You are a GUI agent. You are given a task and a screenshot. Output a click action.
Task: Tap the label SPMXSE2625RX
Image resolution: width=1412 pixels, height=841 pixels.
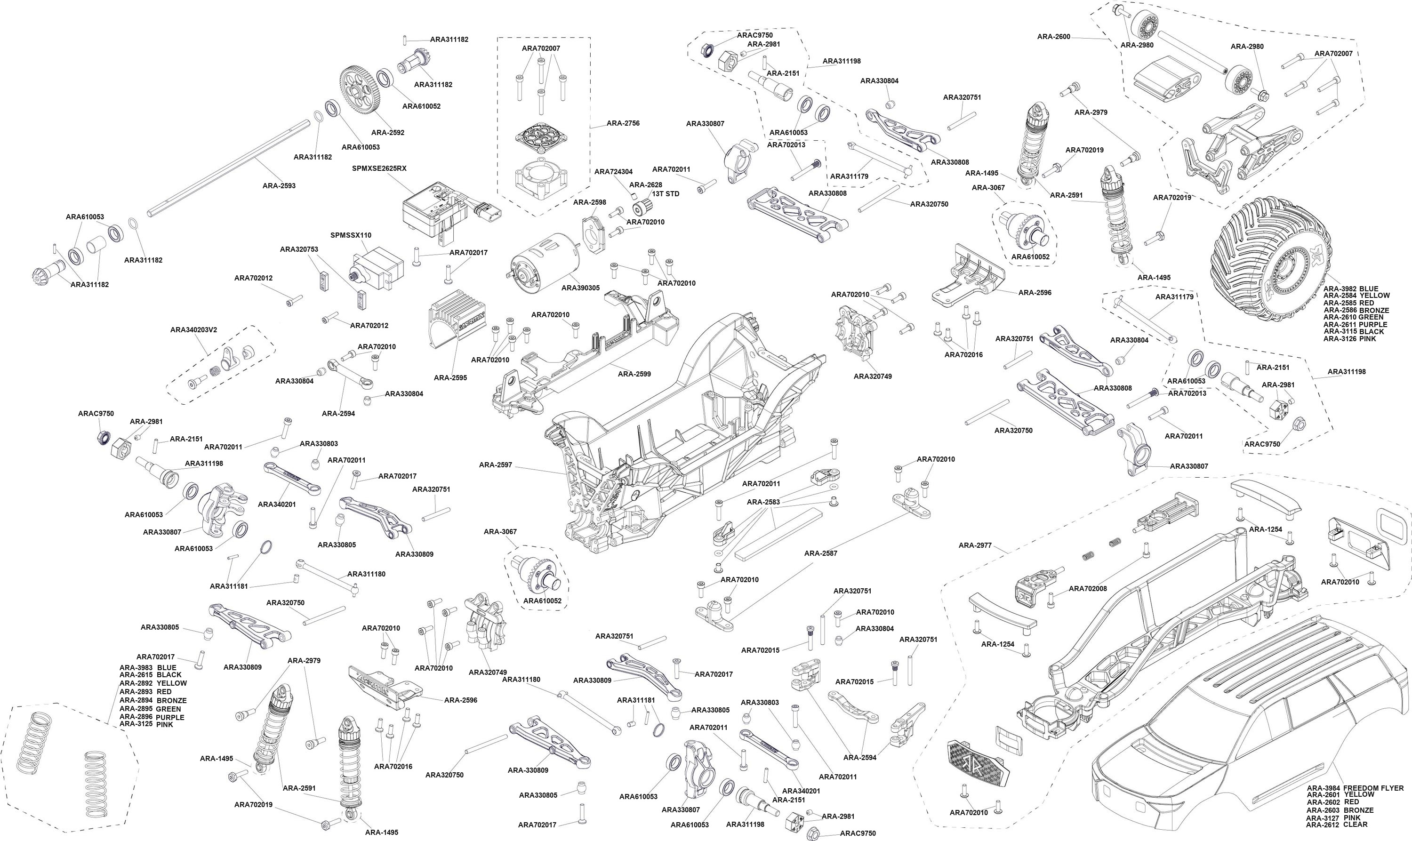379,168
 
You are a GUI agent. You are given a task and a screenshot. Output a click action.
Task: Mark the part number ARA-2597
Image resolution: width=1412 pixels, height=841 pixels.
495,465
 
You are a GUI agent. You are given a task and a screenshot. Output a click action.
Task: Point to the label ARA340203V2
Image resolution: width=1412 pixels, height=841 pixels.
194,329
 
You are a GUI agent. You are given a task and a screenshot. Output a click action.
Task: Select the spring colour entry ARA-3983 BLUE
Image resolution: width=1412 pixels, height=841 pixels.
148,668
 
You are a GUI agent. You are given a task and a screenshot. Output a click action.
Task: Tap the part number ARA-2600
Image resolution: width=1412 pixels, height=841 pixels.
1054,37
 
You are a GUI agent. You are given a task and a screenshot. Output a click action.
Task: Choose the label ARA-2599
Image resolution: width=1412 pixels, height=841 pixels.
634,374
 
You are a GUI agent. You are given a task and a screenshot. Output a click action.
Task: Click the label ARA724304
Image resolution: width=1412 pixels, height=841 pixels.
614,172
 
